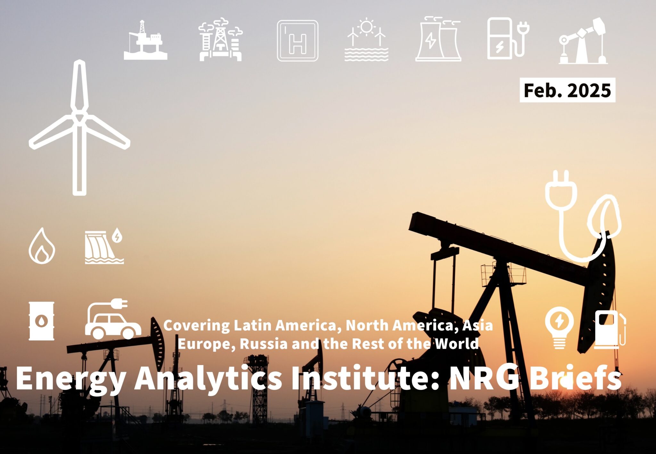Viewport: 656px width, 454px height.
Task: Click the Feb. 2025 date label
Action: [x=567, y=90]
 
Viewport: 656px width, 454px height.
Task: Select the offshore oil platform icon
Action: [x=145, y=41]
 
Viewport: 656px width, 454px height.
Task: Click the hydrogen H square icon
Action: [x=298, y=41]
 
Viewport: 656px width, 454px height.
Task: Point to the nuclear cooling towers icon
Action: [x=438, y=40]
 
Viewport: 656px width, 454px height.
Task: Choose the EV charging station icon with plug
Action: [x=507, y=39]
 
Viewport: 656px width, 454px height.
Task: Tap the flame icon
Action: [x=42, y=246]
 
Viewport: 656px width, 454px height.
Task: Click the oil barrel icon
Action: [x=41, y=321]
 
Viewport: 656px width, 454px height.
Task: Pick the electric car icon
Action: [x=112, y=320]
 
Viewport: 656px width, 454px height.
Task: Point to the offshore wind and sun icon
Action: [x=366, y=40]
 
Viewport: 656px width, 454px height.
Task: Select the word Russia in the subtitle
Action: [x=264, y=344]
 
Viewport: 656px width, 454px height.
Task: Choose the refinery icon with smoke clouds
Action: [x=220, y=40]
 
